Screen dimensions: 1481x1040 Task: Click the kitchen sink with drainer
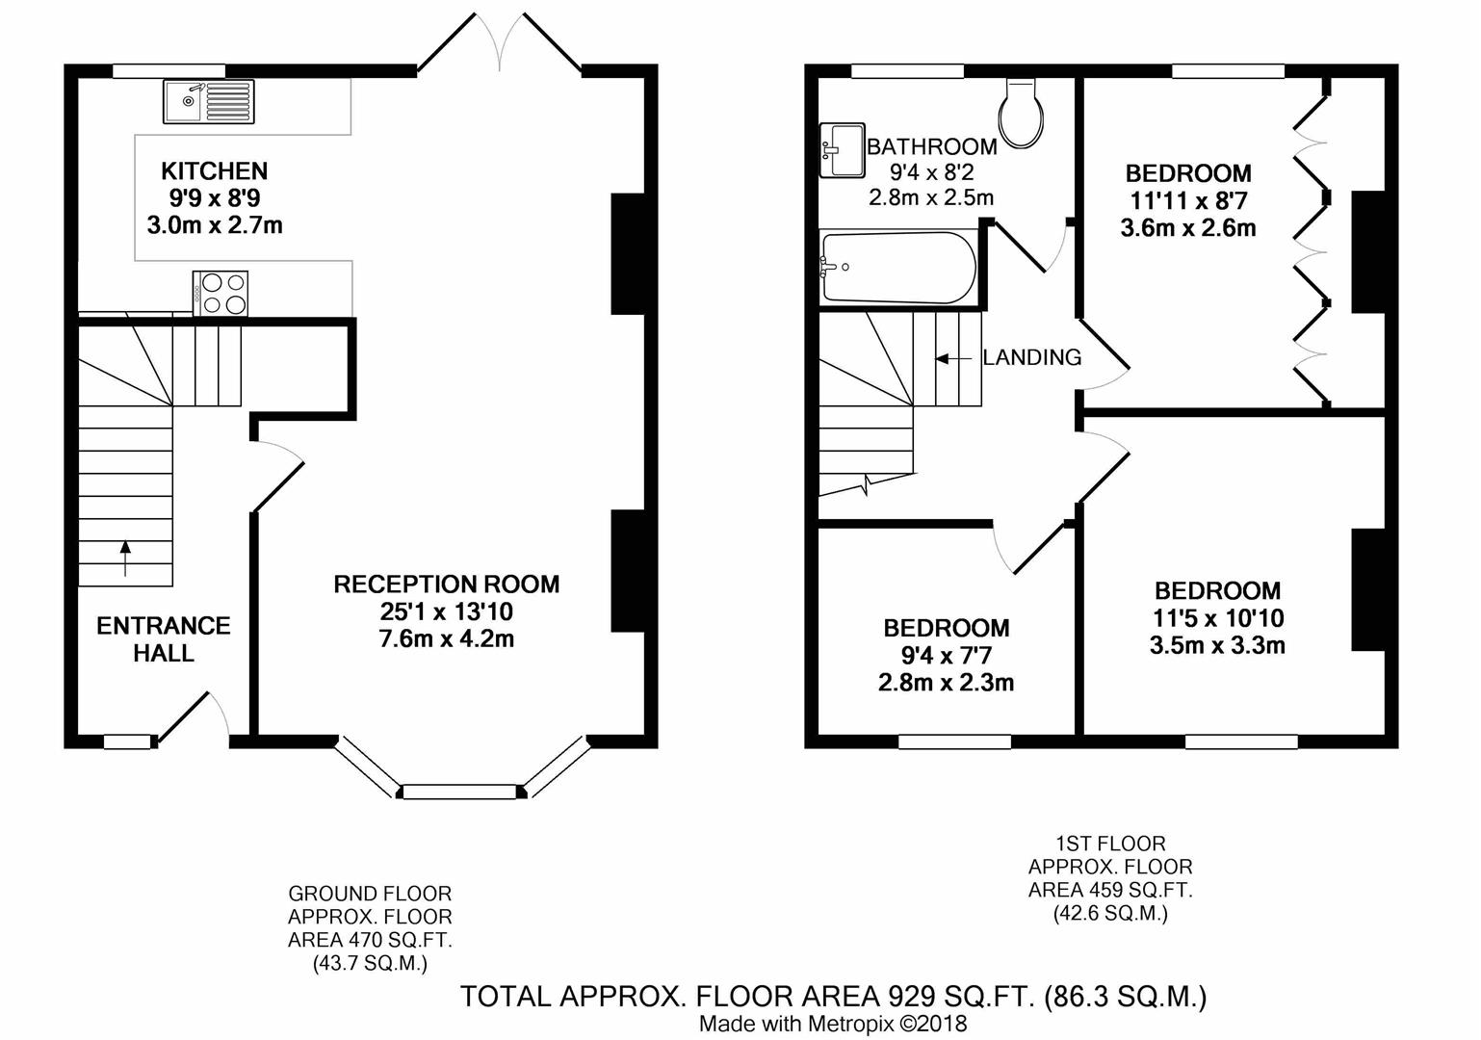pos(209,101)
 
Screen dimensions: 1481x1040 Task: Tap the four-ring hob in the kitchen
pos(221,293)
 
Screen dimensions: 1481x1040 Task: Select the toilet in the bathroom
pos(1022,113)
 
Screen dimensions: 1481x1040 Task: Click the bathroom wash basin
pos(843,150)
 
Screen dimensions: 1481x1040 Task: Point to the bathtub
pos(898,267)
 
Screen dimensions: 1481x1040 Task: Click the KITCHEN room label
pos(214,171)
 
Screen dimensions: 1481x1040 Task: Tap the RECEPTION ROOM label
pos(446,585)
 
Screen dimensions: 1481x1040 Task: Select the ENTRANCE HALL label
pos(164,639)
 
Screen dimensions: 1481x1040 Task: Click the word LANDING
pos(1032,357)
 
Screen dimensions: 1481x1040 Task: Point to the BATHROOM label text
pos(932,146)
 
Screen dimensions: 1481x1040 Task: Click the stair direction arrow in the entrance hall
pos(125,558)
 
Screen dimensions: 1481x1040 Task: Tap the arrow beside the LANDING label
pos(953,359)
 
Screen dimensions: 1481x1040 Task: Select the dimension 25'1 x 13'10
pos(446,611)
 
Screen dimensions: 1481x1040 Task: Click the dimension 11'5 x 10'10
pos(1217,617)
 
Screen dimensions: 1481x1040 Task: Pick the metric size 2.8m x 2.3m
pos(947,683)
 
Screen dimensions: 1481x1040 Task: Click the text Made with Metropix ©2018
pos(832,1025)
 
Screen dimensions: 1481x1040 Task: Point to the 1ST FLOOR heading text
pos(1110,844)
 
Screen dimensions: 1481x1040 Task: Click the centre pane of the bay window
pos(459,792)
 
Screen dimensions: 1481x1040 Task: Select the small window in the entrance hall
pos(128,741)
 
